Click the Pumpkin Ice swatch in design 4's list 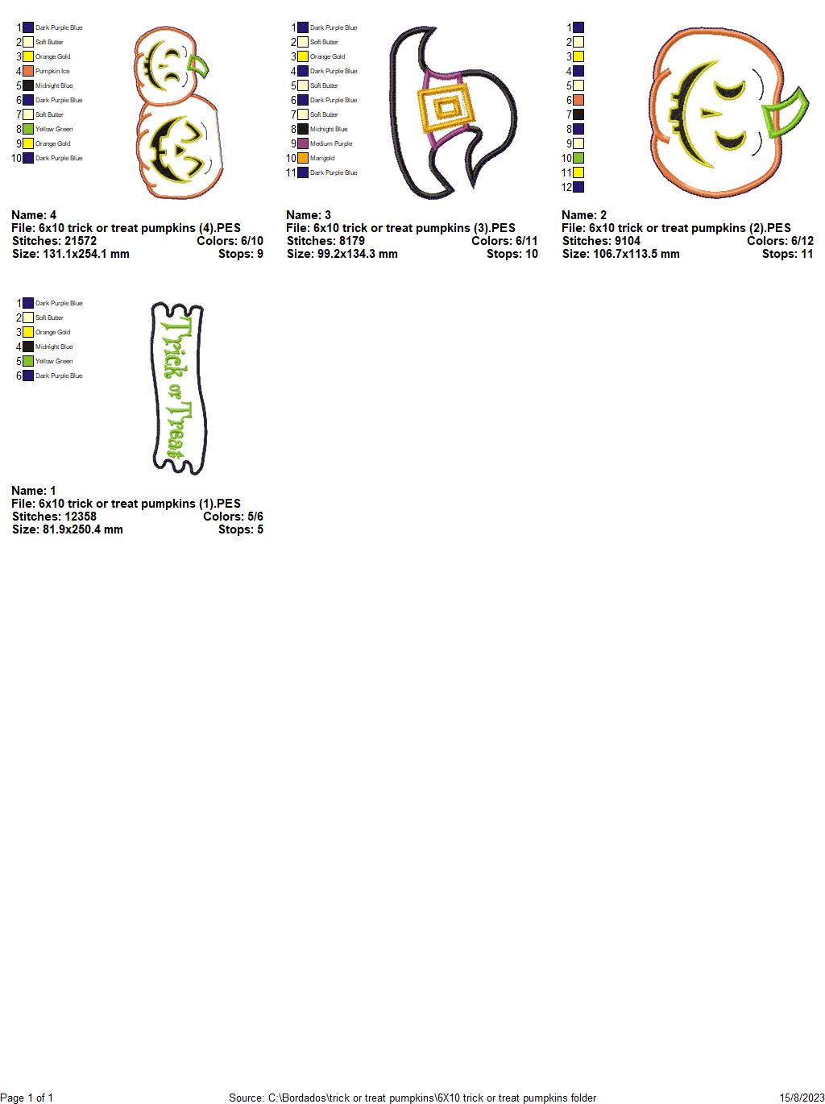pyautogui.click(x=28, y=71)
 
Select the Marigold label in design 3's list pyautogui.click(x=321, y=158)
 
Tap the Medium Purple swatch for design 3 pyautogui.click(x=303, y=143)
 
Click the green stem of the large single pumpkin pyautogui.click(x=785, y=112)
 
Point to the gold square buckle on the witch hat pyautogui.click(x=445, y=108)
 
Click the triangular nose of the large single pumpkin pyautogui.click(x=711, y=113)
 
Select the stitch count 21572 pyautogui.click(x=80, y=241)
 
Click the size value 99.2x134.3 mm pyautogui.click(x=358, y=254)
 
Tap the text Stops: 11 pyautogui.click(x=787, y=254)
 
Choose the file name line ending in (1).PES pyautogui.click(x=126, y=504)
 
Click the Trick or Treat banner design pyautogui.click(x=179, y=388)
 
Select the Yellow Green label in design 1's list pyautogui.click(x=54, y=361)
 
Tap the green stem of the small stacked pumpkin pyautogui.click(x=197, y=66)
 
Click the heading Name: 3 pyautogui.click(x=309, y=215)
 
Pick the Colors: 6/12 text pyautogui.click(x=780, y=241)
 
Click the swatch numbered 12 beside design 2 pyautogui.click(x=578, y=187)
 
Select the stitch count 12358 pyautogui.click(x=80, y=517)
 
